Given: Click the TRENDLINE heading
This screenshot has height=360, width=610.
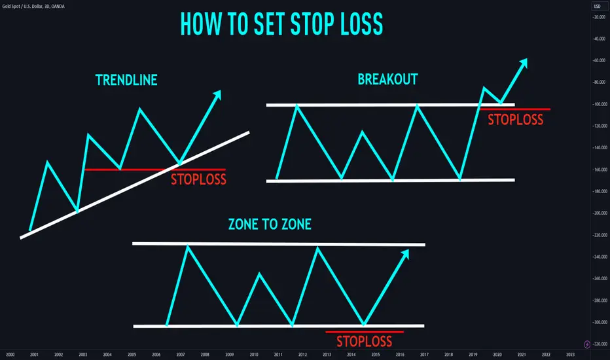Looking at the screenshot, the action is [126, 80].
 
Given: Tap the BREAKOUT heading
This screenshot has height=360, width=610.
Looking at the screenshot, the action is [387, 79].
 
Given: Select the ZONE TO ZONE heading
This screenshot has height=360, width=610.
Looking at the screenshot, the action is [270, 224].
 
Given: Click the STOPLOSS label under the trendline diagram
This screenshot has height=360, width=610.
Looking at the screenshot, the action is [198, 179].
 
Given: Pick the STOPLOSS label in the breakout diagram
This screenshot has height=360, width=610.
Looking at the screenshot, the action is [516, 120].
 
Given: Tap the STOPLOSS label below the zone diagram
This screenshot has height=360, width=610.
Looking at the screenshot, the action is [364, 341].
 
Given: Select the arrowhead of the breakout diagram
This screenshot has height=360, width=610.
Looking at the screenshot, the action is [522, 63].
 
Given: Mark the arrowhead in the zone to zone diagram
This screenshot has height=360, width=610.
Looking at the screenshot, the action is [404, 254].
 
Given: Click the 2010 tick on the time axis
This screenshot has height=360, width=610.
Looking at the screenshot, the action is [254, 355].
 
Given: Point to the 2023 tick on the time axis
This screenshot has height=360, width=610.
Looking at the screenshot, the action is [570, 355].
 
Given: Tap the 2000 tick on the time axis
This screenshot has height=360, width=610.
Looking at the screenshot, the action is [10, 355].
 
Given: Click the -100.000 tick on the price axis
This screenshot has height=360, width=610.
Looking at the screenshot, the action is [600, 104].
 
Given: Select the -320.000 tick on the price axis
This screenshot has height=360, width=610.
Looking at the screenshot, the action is [600, 344].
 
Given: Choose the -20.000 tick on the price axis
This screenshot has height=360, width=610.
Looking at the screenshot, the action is [600, 17].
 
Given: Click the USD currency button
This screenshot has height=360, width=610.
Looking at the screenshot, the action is [597, 7].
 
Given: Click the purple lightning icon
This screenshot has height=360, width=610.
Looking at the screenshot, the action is [587, 344].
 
